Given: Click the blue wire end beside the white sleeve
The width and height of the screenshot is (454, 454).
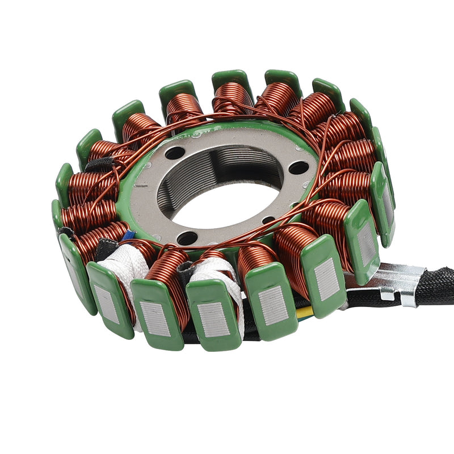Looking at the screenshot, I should point(129,234).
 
